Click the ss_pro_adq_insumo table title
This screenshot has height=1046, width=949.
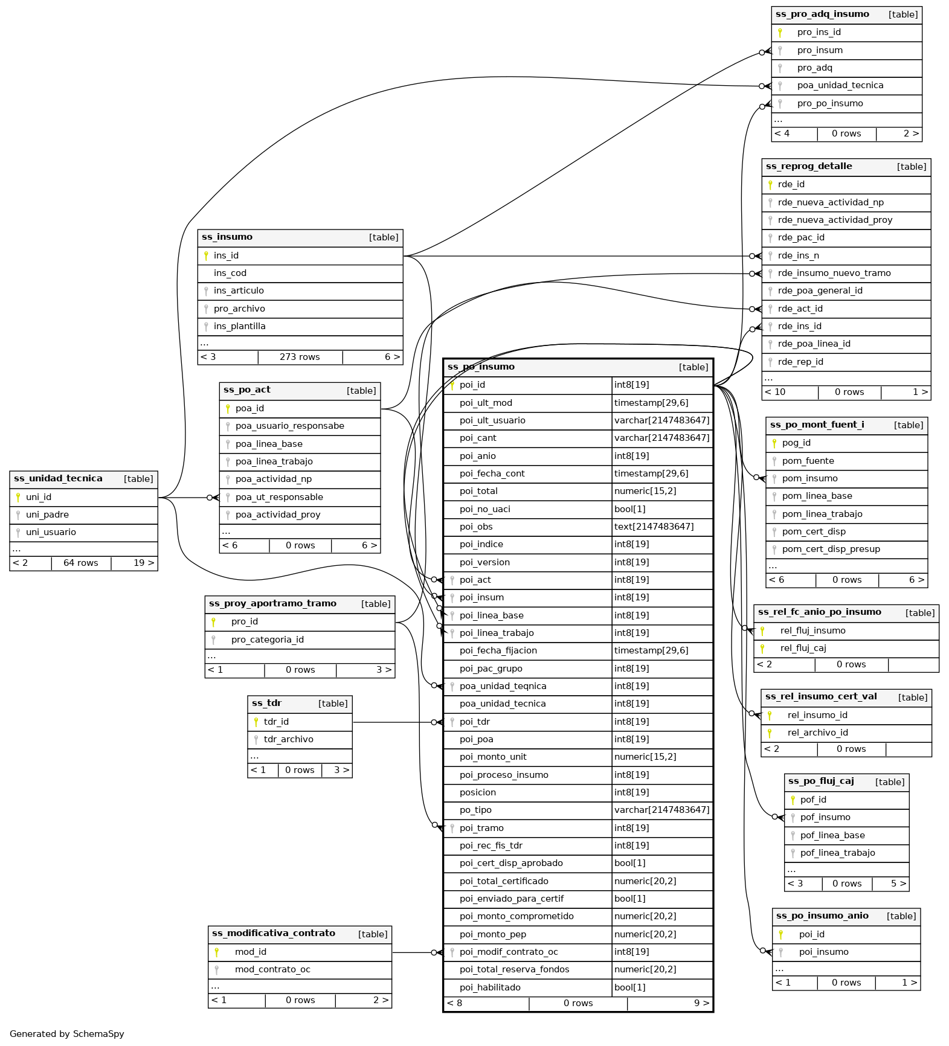[822, 14]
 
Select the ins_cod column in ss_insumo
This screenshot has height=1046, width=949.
[230, 274]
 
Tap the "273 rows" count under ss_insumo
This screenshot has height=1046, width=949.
[300, 358]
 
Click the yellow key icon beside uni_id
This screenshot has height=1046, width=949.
[18, 498]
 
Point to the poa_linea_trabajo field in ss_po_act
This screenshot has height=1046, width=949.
[274, 462]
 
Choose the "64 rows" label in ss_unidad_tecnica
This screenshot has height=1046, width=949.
[81, 563]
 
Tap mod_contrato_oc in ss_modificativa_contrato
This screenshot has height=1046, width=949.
[272, 970]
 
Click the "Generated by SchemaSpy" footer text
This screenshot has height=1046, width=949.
[67, 1034]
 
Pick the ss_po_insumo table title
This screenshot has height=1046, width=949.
[481, 367]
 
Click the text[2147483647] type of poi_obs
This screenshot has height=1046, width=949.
[654, 527]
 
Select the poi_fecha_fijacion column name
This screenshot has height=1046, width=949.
[498, 651]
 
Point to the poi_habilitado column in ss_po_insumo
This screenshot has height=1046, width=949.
[490, 988]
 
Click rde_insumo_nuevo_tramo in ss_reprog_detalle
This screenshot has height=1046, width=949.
[834, 274]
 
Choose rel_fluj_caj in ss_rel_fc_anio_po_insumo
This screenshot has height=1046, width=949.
[803, 649]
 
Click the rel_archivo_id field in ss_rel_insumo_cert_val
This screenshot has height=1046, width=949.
[817, 733]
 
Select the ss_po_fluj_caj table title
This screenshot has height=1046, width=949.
[821, 781]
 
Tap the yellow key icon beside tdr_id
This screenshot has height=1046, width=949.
[256, 722]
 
